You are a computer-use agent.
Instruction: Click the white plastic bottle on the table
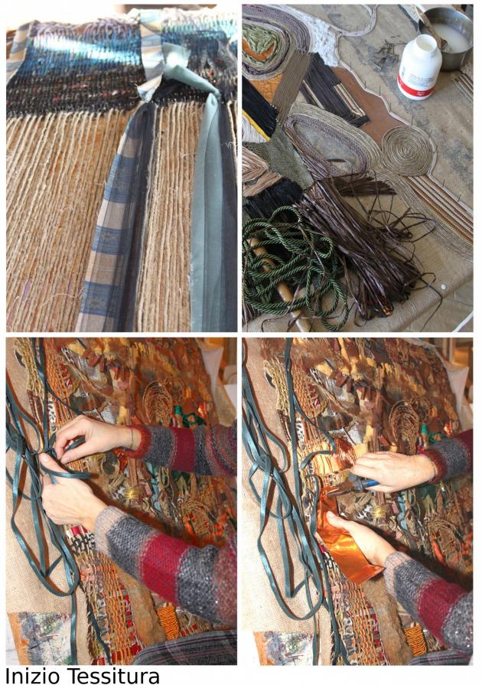click(x=418, y=67)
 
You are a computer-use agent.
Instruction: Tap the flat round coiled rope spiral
click(x=407, y=151)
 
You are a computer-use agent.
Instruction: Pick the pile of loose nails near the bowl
click(x=389, y=51)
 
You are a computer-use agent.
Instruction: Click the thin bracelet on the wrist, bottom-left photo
click(x=131, y=439)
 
